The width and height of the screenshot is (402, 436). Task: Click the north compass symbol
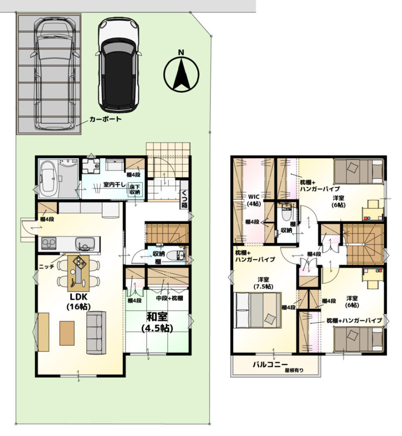(181, 72)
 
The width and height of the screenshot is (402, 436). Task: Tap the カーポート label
(105, 119)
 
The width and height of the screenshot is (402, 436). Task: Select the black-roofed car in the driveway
(118, 65)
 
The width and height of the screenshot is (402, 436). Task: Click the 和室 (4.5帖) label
(157, 322)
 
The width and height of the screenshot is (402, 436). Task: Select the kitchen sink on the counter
(85, 243)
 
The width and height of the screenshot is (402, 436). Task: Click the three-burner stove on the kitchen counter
(49, 243)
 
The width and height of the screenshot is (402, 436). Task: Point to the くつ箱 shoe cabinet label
(184, 198)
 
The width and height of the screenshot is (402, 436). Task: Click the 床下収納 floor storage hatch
(135, 189)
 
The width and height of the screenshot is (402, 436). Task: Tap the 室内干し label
(114, 184)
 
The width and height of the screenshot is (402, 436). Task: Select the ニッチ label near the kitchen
(46, 266)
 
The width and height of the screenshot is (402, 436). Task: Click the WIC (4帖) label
(254, 200)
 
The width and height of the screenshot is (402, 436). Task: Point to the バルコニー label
(270, 364)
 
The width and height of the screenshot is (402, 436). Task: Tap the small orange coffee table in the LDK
(67, 333)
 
